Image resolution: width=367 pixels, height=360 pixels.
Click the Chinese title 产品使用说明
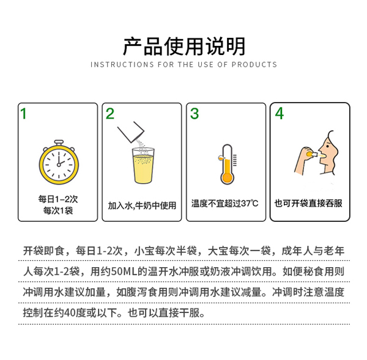click(183, 46)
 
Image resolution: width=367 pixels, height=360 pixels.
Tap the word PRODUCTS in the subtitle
click(255, 65)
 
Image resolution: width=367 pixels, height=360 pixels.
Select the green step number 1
click(24, 113)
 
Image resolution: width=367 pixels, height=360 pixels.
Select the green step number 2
click(110, 113)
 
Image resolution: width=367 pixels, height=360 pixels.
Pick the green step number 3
click(195, 113)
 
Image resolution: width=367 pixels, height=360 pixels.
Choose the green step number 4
click(280, 113)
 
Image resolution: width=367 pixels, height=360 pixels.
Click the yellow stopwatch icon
click(58, 161)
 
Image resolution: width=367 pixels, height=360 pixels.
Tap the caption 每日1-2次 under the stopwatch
click(58, 198)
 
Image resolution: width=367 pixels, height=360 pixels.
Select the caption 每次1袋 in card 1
click(58, 210)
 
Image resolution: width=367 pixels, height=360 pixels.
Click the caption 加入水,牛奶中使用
click(142, 205)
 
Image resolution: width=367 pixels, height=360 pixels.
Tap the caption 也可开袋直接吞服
click(310, 204)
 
